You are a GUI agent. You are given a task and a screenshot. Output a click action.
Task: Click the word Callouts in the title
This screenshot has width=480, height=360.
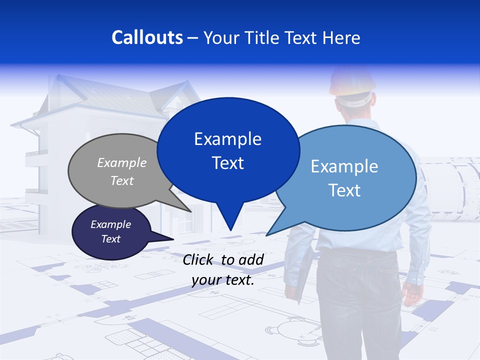pyautogui.click(x=147, y=37)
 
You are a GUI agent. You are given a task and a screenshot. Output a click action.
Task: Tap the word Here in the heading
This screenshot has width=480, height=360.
pyautogui.click(x=340, y=37)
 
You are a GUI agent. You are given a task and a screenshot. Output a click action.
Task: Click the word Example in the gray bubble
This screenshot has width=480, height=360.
pyautogui.click(x=122, y=162)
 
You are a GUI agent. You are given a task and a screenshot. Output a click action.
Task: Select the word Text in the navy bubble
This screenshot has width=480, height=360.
pyautogui.click(x=111, y=239)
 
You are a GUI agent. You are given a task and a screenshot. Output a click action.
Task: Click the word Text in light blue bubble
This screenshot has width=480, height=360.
pyautogui.click(x=344, y=190)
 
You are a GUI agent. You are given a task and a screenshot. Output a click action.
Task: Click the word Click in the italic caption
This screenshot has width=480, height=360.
pyautogui.click(x=198, y=259)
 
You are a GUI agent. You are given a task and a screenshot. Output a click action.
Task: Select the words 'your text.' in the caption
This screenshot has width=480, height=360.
pyautogui.click(x=223, y=280)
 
